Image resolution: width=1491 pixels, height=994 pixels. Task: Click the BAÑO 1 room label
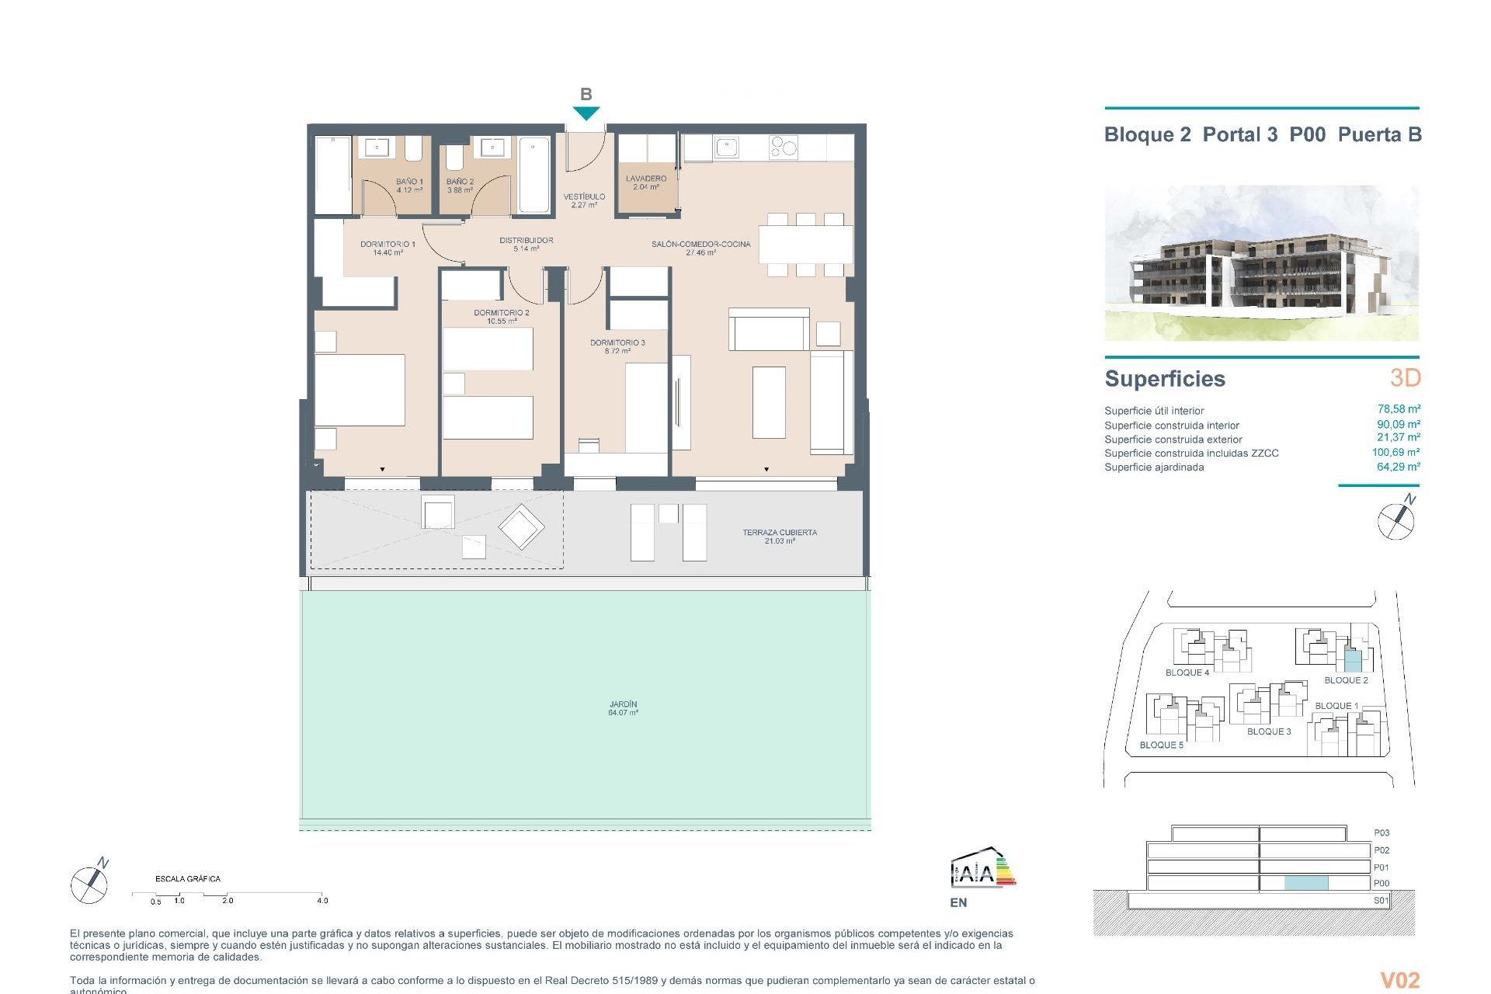click(409, 185)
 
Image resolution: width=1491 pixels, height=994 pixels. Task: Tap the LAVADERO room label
click(646, 182)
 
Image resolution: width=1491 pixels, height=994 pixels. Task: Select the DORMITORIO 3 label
click(617, 346)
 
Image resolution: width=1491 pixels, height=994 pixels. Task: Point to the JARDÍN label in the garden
click(623, 708)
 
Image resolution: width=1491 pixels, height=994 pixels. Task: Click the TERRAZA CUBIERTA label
click(779, 537)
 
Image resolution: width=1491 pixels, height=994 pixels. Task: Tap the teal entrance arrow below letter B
click(586, 113)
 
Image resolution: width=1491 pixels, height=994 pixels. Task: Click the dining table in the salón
click(805, 245)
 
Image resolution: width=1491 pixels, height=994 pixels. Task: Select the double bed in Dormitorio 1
click(360, 390)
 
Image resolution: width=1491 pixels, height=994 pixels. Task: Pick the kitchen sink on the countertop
click(727, 146)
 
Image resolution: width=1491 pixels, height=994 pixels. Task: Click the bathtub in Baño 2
click(533, 176)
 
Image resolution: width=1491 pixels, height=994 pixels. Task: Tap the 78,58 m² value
click(1399, 409)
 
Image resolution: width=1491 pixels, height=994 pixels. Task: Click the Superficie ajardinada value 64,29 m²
click(1398, 467)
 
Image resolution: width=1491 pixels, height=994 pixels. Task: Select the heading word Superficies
click(1165, 379)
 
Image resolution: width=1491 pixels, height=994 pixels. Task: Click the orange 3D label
click(1405, 378)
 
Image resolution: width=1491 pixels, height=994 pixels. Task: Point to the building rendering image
click(1261, 262)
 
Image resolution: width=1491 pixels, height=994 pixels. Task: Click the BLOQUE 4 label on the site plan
click(1187, 673)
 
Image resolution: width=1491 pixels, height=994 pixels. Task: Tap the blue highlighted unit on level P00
click(1306, 883)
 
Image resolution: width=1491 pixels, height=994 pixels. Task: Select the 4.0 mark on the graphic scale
click(322, 901)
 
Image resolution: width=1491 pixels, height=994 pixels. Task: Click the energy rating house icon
click(982, 870)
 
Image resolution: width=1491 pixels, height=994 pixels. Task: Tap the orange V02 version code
click(1399, 980)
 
